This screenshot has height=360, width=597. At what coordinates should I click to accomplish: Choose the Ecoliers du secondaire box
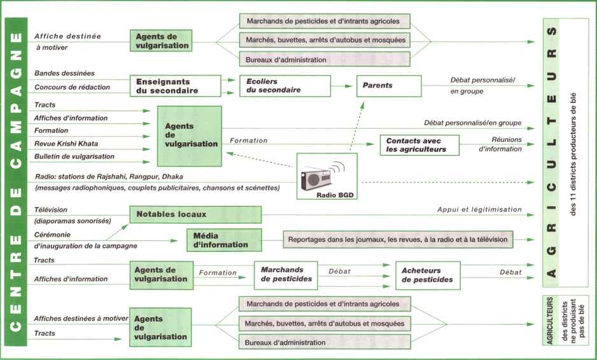point(284,86)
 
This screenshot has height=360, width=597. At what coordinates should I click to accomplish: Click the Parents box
point(388,85)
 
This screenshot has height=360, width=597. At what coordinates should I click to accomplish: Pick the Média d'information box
point(223,240)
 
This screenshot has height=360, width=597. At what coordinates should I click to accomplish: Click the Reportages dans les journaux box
point(398,240)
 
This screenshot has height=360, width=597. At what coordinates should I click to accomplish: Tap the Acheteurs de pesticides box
point(427,275)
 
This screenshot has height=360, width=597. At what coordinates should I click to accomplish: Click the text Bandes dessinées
point(64,74)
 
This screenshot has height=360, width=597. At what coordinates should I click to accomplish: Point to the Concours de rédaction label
point(72,87)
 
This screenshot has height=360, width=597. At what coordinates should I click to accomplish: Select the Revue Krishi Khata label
point(66,143)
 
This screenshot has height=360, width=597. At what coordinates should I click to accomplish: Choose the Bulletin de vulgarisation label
point(74,156)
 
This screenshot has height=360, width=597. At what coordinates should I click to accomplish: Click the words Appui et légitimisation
point(479,209)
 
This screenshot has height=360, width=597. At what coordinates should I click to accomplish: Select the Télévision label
point(51,209)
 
